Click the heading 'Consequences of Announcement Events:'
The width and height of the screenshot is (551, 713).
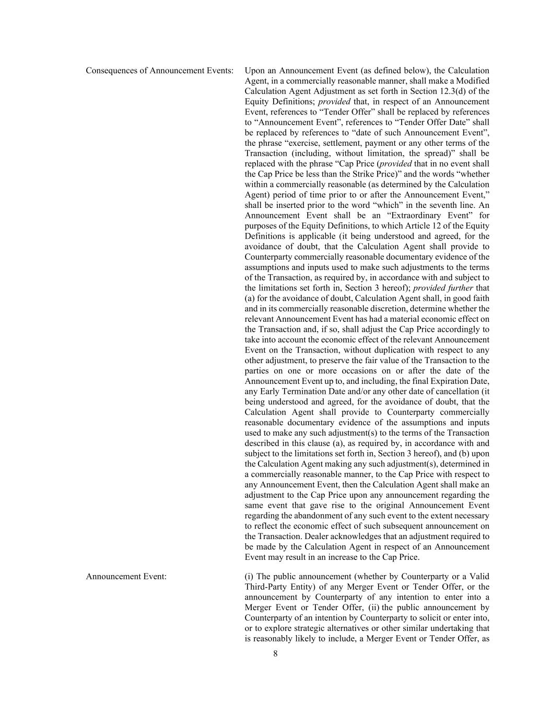point(159,71)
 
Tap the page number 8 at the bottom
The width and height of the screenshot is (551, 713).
point(275,654)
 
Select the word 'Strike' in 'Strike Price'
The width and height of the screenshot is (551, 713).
point(355,174)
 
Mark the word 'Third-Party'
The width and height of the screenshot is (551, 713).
point(267,587)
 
